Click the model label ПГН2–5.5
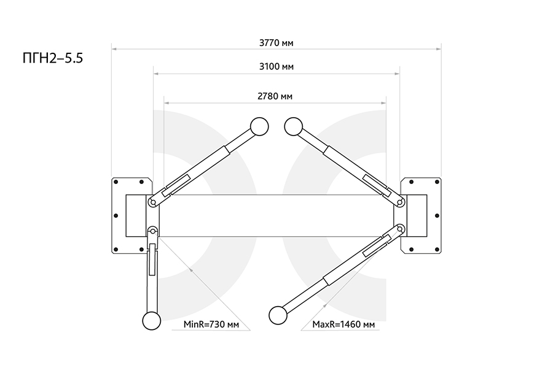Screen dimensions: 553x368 tap(53, 58)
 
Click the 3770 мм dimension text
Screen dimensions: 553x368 tap(276, 43)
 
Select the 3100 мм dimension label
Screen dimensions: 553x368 tap(276, 67)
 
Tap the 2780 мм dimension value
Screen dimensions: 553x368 tap(275, 96)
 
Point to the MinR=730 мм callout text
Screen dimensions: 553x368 tap(211, 324)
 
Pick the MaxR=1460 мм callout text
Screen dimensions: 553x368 tap(343, 324)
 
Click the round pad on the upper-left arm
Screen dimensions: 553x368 tap(259, 126)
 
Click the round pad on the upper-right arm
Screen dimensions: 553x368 tap(294, 126)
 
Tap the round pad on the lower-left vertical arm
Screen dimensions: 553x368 tap(152, 321)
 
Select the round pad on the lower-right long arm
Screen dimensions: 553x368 tap(278, 315)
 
